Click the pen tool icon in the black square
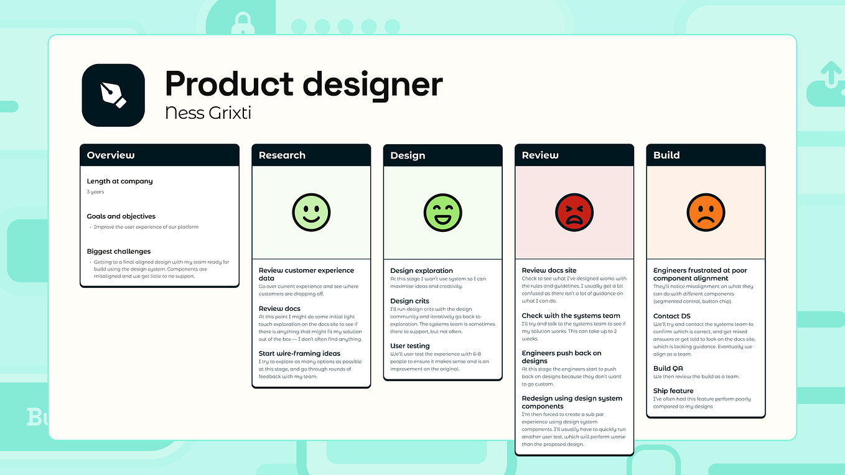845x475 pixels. tap(113, 95)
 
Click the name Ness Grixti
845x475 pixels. tap(208, 113)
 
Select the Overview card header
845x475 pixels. tap(159, 155)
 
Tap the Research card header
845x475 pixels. tap(311, 155)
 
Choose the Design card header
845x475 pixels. tap(442, 155)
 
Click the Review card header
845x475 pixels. tap(574, 155)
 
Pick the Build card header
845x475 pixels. tap(706, 155)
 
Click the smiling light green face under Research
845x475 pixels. tap(311, 213)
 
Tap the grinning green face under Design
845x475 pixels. tap(442, 213)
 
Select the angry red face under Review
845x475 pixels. tap(574, 213)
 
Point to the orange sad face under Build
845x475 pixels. tap(706, 213)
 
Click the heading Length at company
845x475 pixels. tap(119, 182)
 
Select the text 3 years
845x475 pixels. tap(96, 192)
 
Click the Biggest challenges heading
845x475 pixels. tap(119, 251)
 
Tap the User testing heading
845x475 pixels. tap(410, 346)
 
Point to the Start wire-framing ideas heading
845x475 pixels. tap(299, 353)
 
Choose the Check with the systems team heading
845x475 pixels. tap(571, 316)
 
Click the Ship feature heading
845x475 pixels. tap(673, 391)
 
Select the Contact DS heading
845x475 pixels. tap(671, 316)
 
